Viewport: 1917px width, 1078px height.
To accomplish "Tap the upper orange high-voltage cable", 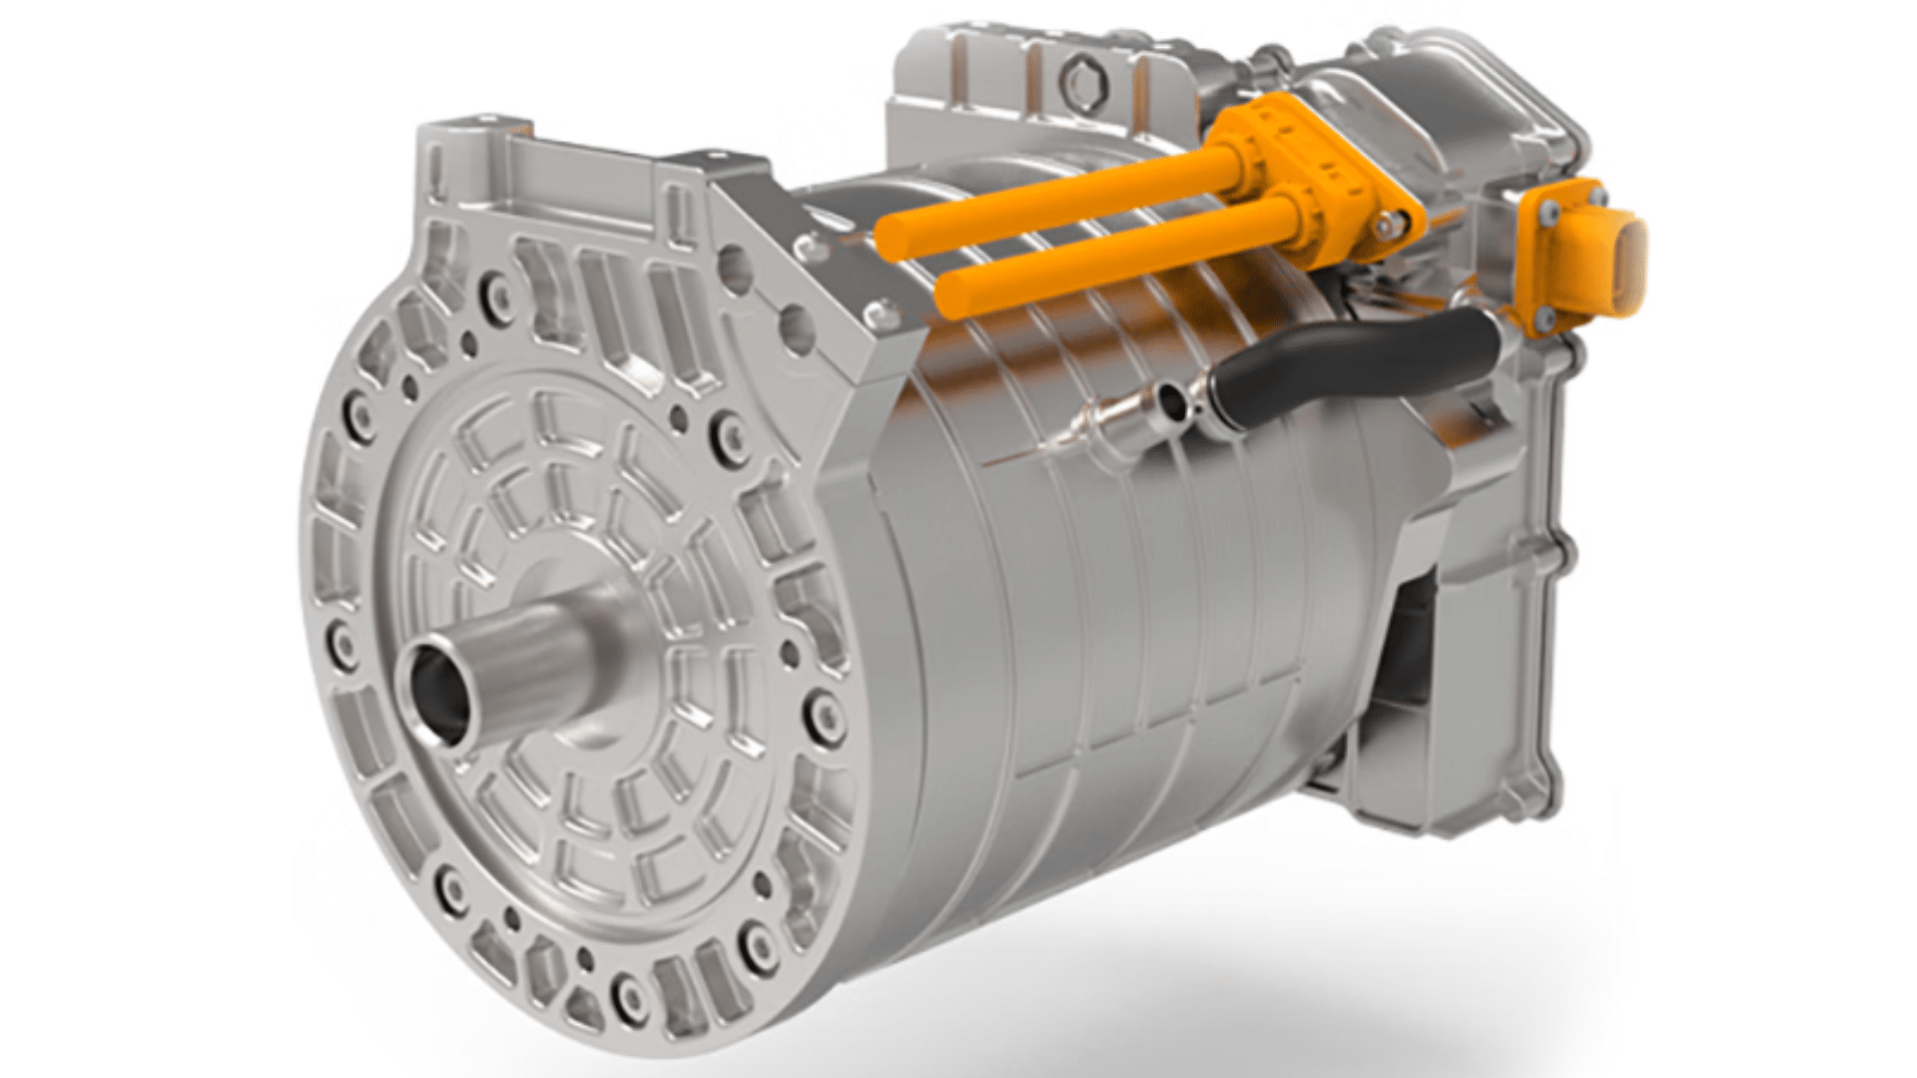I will [x=1048, y=195].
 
